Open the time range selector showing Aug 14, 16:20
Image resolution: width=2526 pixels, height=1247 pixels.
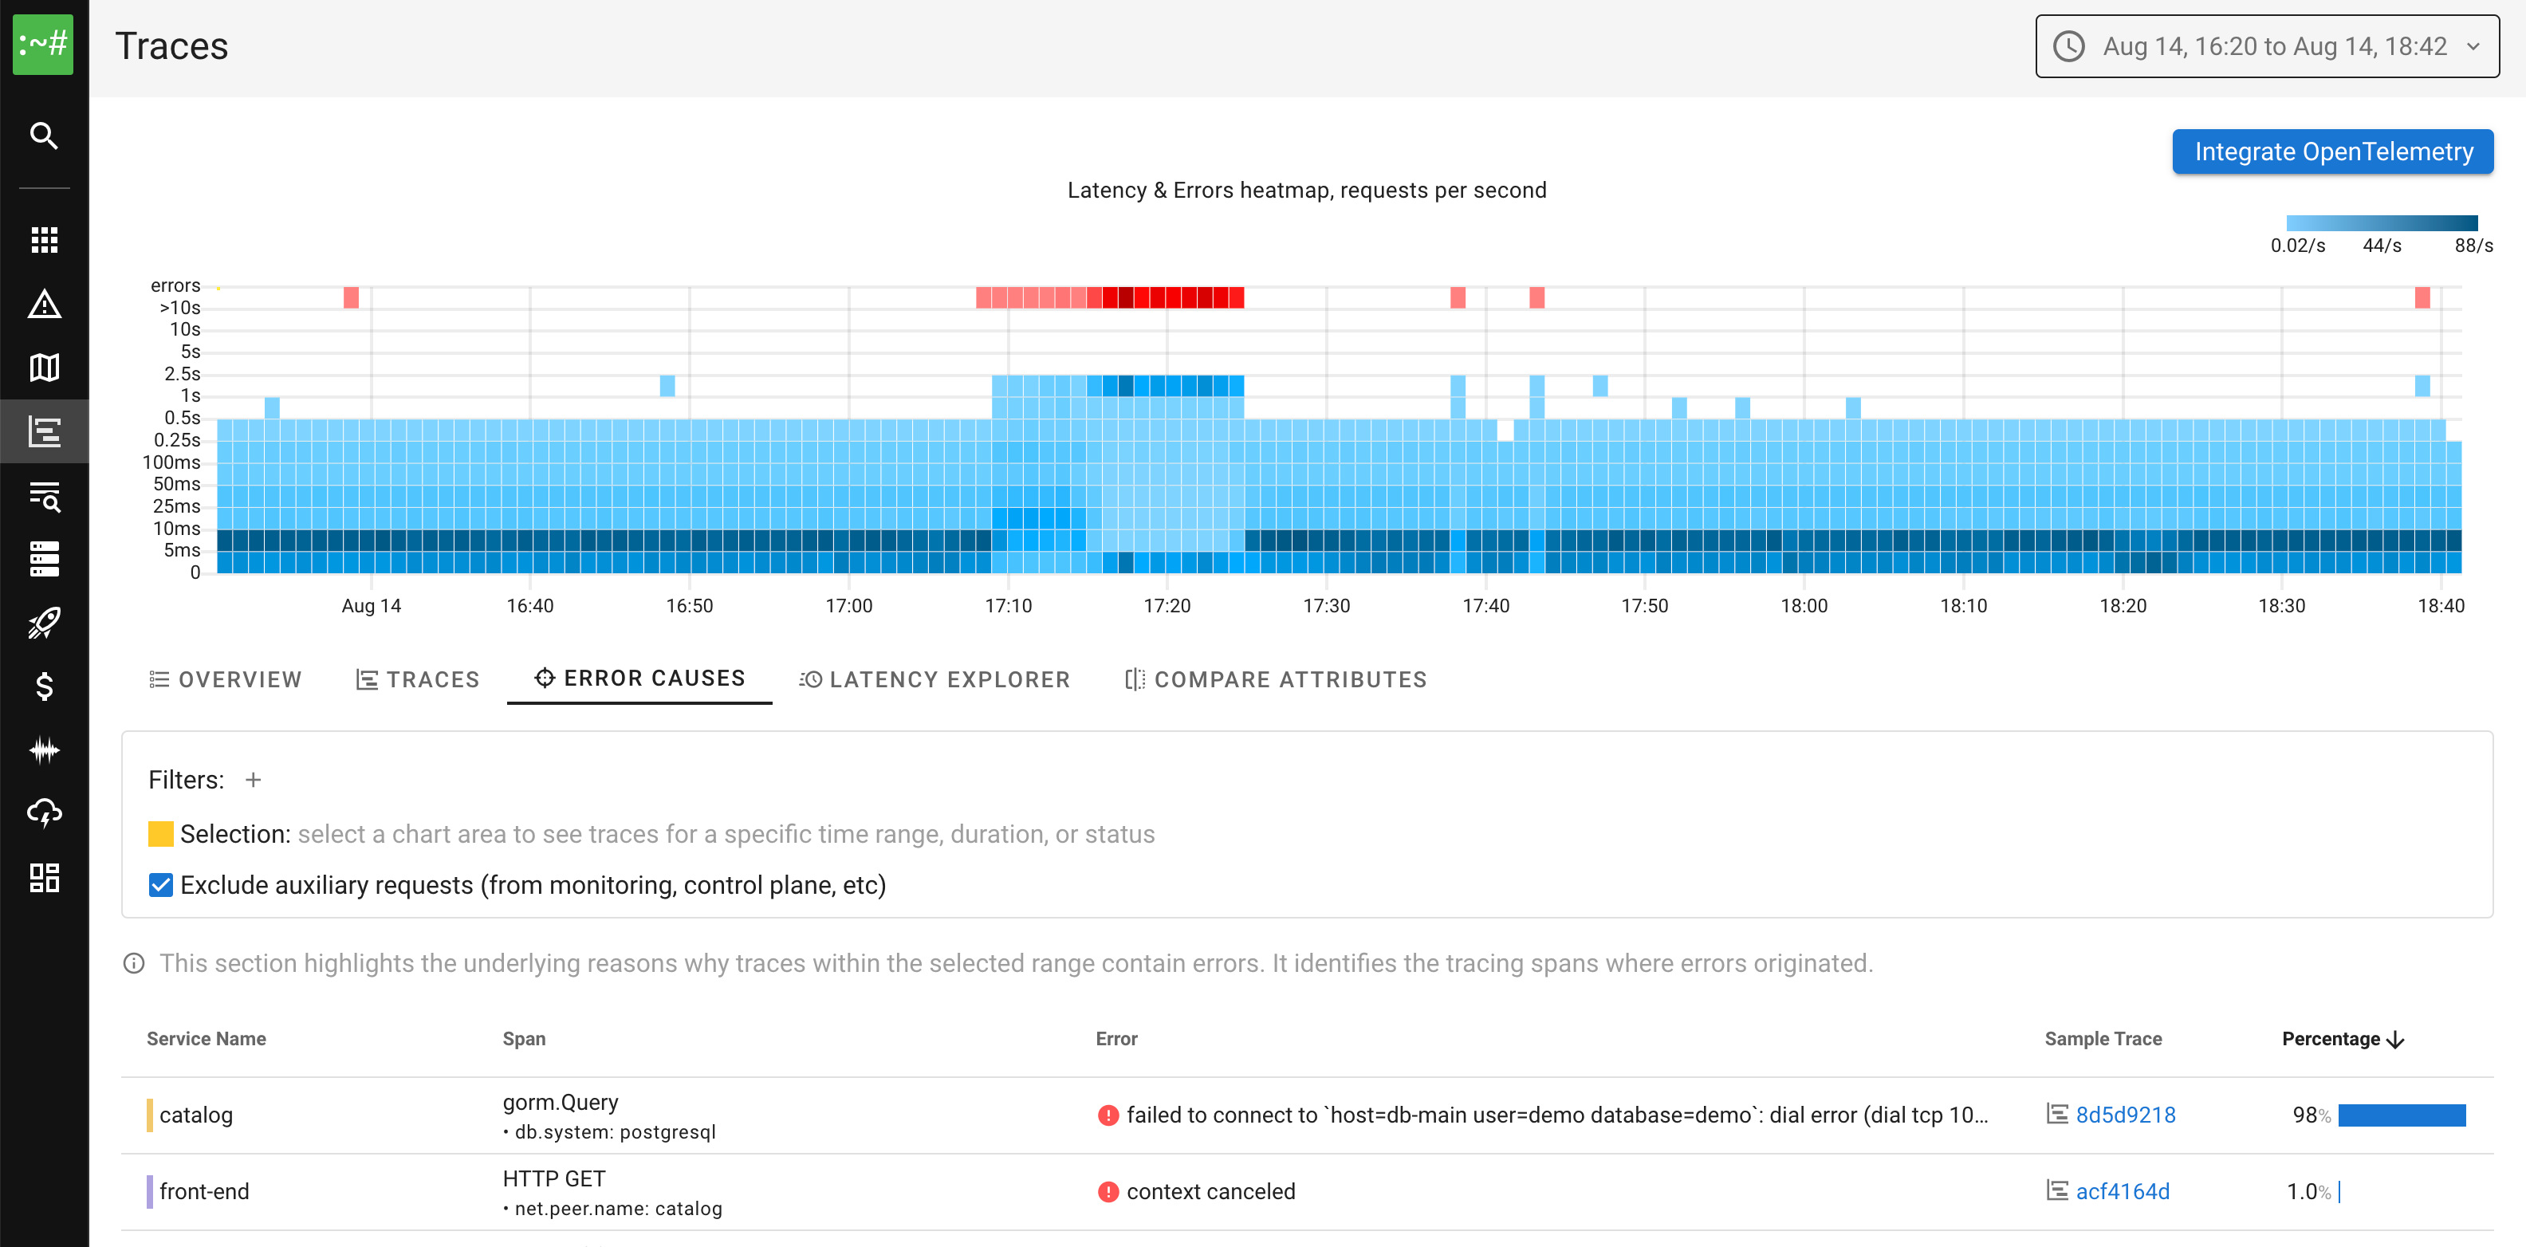[x=2266, y=46]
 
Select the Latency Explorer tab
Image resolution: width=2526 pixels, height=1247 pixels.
[x=934, y=679]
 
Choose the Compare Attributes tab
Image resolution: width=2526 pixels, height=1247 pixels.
[x=1276, y=679]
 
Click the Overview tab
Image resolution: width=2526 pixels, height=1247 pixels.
[x=226, y=679]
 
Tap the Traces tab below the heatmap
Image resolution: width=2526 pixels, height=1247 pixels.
[x=418, y=679]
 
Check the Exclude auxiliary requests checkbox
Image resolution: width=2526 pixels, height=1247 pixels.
[x=161, y=885]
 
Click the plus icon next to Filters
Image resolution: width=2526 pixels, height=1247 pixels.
[x=253, y=780]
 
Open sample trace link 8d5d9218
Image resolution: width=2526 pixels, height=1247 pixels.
[x=2125, y=1115]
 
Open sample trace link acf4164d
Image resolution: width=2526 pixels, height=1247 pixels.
[x=2122, y=1191]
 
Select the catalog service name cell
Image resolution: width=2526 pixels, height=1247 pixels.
[x=196, y=1115]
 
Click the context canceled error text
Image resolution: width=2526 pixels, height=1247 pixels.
[x=1210, y=1191]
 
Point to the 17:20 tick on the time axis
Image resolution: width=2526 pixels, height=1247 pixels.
[x=1167, y=606]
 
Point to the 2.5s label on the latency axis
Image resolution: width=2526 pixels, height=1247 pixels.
[x=183, y=373]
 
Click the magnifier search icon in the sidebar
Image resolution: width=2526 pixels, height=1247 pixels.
[x=44, y=136]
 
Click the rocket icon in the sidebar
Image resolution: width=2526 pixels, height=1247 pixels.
[x=44, y=623]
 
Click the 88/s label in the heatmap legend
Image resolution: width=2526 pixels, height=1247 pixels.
[x=2473, y=245]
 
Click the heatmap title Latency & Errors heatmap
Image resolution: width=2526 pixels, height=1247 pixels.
[x=1306, y=191]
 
